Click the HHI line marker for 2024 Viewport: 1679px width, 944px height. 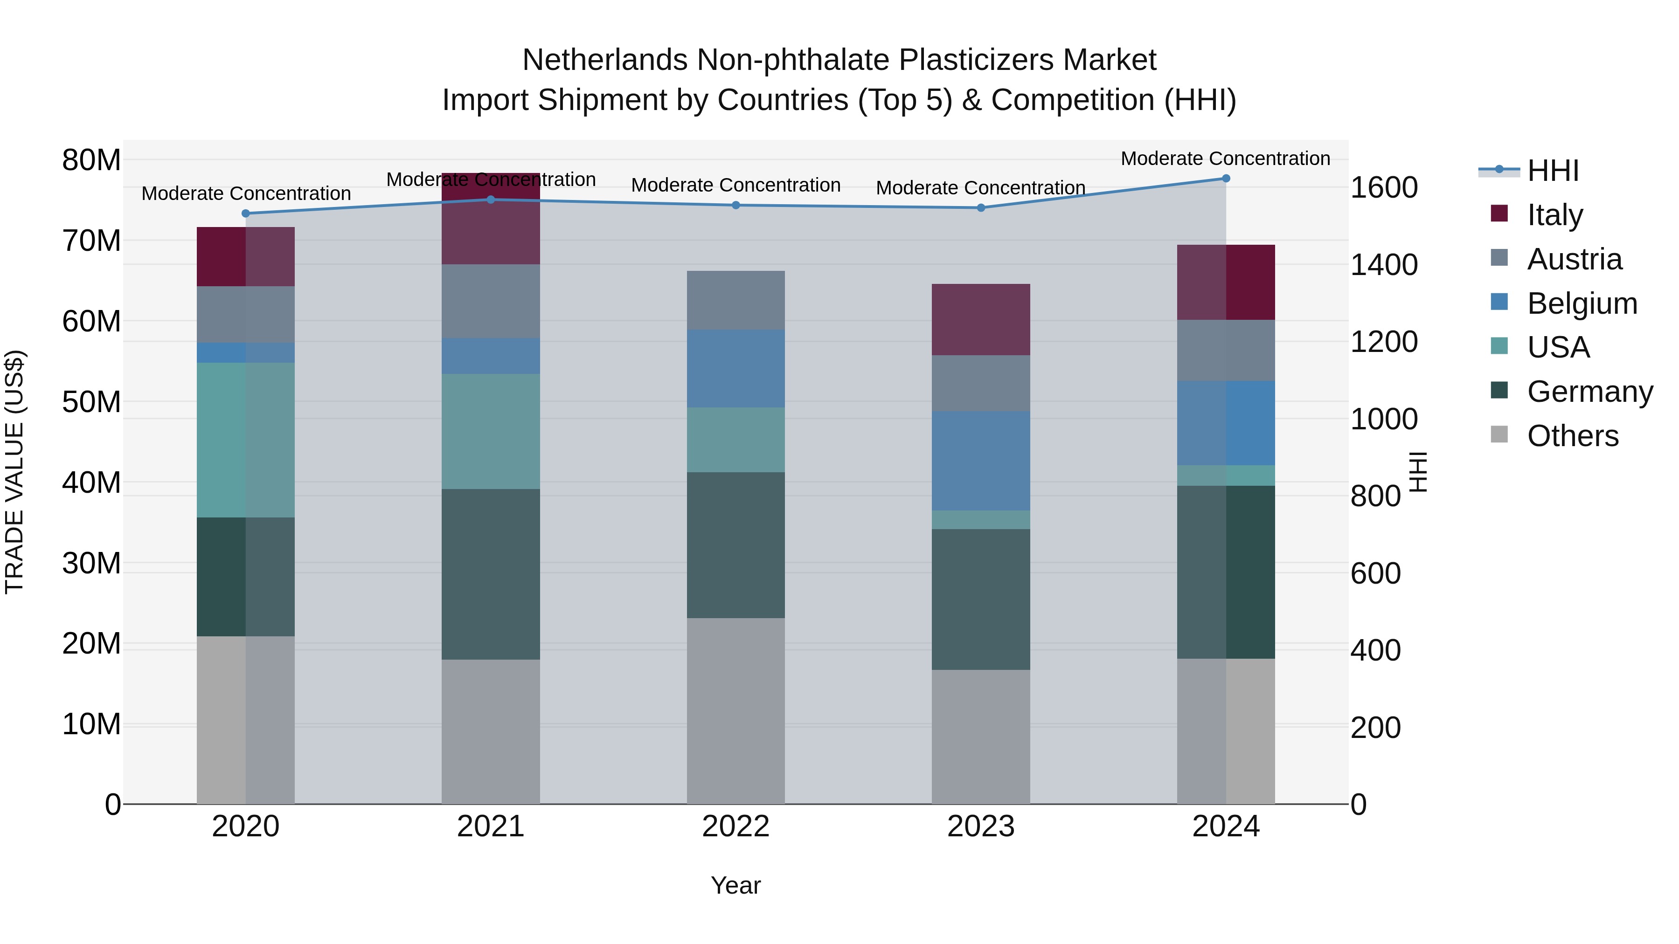[1225, 179]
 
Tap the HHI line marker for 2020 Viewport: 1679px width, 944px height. [246, 214]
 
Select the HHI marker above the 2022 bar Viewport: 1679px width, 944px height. [736, 205]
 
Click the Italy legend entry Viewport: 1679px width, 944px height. [1554, 215]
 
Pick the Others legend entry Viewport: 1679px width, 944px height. [1572, 436]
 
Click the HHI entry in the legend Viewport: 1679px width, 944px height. [1553, 171]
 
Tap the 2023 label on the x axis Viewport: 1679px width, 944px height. [980, 827]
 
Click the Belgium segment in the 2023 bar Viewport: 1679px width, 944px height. [980, 461]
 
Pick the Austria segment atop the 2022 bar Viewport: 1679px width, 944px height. [736, 300]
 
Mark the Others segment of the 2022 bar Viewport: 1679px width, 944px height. [736, 711]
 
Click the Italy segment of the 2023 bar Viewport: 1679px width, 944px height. [980, 319]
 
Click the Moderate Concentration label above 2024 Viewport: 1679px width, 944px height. [1225, 158]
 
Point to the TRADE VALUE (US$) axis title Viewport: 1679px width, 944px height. [14, 472]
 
